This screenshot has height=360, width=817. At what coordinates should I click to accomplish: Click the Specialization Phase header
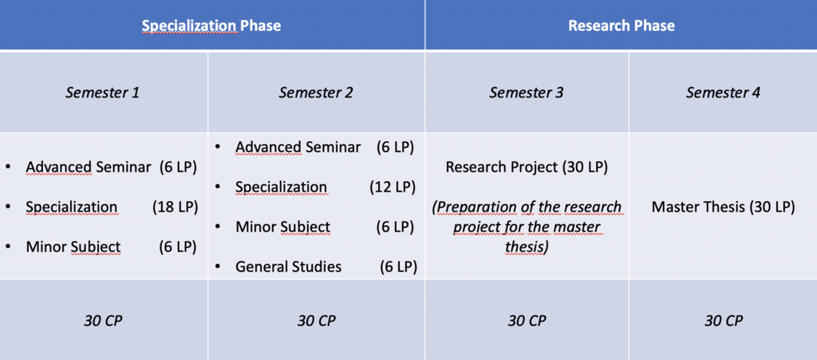click(211, 26)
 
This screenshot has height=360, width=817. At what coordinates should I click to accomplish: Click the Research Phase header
click(621, 26)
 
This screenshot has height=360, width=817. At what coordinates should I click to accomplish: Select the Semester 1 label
click(103, 93)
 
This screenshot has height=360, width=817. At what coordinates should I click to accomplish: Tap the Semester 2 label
click(316, 93)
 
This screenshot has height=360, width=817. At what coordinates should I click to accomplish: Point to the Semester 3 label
click(527, 93)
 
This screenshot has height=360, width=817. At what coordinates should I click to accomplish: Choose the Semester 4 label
click(723, 93)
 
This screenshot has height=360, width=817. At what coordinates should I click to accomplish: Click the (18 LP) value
click(175, 207)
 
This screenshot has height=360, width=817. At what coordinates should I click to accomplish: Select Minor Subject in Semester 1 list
click(73, 247)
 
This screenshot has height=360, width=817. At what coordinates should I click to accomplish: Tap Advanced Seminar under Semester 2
click(298, 148)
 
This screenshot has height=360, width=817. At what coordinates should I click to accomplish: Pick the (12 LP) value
click(393, 187)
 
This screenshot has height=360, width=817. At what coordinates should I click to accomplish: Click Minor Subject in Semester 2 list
click(283, 227)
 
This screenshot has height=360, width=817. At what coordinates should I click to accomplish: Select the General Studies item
click(289, 267)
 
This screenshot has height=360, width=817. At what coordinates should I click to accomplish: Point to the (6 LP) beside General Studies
click(398, 267)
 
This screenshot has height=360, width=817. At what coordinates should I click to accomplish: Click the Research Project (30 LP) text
click(527, 168)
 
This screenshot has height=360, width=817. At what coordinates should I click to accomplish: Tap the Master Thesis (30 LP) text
click(723, 208)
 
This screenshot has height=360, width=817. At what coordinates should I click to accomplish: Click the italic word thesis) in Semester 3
click(527, 247)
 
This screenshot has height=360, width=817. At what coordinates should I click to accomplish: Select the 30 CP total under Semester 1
click(103, 320)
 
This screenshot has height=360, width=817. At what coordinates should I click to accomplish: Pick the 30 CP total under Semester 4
click(723, 320)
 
